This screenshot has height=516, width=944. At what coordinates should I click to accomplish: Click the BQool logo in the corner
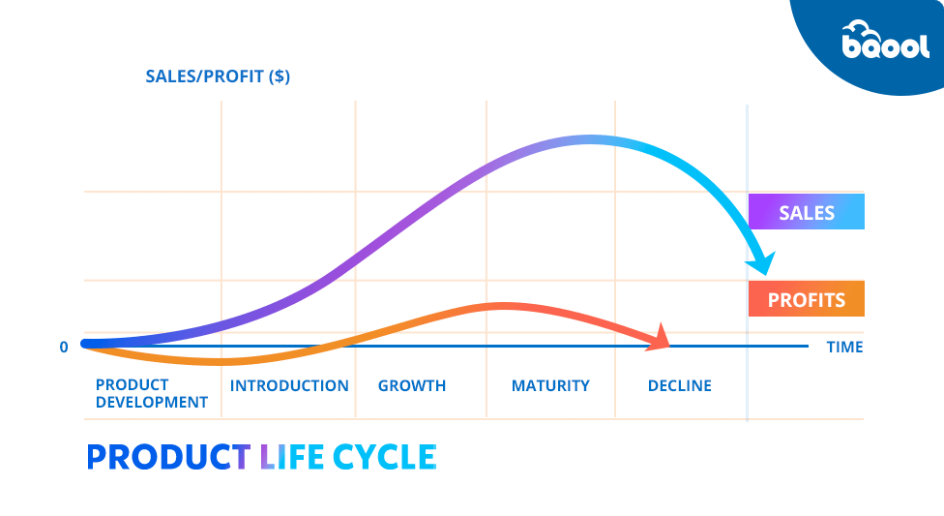click(x=885, y=40)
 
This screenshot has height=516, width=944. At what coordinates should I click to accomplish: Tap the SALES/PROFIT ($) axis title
click(x=218, y=76)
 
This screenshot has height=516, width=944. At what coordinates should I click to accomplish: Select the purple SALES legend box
click(x=806, y=212)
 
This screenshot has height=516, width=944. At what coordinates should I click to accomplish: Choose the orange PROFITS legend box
click(x=806, y=299)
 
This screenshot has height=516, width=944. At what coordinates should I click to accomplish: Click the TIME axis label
click(x=844, y=348)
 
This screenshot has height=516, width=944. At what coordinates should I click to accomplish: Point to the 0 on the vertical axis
click(x=64, y=348)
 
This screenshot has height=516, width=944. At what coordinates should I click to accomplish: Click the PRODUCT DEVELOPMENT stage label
click(x=152, y=393)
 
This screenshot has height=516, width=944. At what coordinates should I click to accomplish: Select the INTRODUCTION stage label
click(x=289, y=386)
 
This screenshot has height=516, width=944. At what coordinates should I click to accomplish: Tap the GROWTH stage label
click(x=412, y=386)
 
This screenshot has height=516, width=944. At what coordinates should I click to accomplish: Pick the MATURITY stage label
click(x=550, y=386)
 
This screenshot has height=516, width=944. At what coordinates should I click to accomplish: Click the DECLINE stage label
click(x=679, y=386)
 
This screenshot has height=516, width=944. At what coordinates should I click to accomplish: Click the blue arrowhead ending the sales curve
click(x=762, y=263)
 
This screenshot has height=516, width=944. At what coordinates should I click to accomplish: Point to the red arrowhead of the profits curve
click(x=660, y=338)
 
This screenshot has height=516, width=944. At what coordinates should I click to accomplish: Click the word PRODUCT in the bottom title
click(x=168, y=457)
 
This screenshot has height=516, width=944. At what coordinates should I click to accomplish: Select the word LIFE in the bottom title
click(x=292, y=457)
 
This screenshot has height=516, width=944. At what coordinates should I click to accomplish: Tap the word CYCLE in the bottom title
click(x=384, y=457)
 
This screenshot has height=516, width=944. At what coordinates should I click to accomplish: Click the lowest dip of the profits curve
click(x=220, y=362)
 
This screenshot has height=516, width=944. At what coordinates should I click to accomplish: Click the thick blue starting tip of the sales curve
click(x=85, y=345)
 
